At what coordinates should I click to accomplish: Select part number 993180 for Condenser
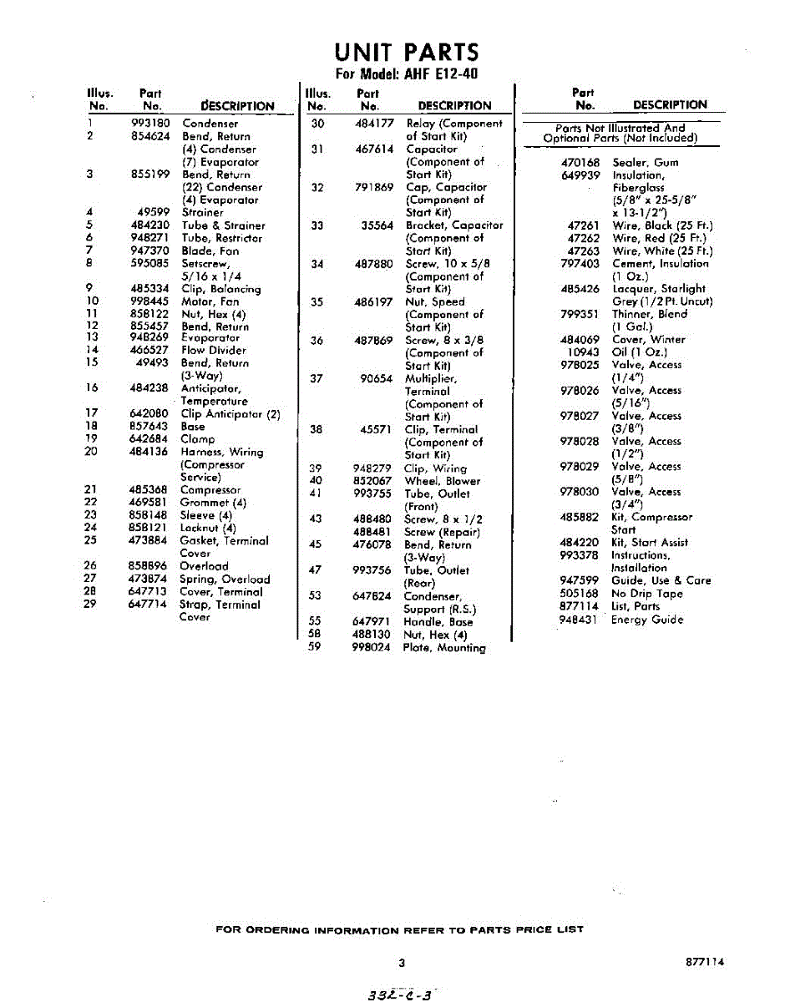(x=150, y=124)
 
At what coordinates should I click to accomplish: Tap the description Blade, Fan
(x=210, y=250)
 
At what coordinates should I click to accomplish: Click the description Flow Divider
(x=214, y=351)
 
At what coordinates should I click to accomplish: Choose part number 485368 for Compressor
(x=150, y=490)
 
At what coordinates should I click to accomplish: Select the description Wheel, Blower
(x=443, y=481)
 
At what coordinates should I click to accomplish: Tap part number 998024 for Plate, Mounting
(x=372, y=647)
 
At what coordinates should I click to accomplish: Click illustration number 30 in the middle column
(x=317, y=124)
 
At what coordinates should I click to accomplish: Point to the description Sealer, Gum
(x=646, y=163)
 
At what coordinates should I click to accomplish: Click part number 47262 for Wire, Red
(x=583, y=238)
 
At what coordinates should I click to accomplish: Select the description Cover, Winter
(x=648, y=340)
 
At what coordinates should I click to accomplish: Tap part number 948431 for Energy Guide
(x=580, y=620)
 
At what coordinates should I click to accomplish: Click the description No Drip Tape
(x=646, y=594)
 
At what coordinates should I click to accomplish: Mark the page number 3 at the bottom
(x=402, y=963)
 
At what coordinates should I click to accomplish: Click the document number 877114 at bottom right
(x=703, y=962)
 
